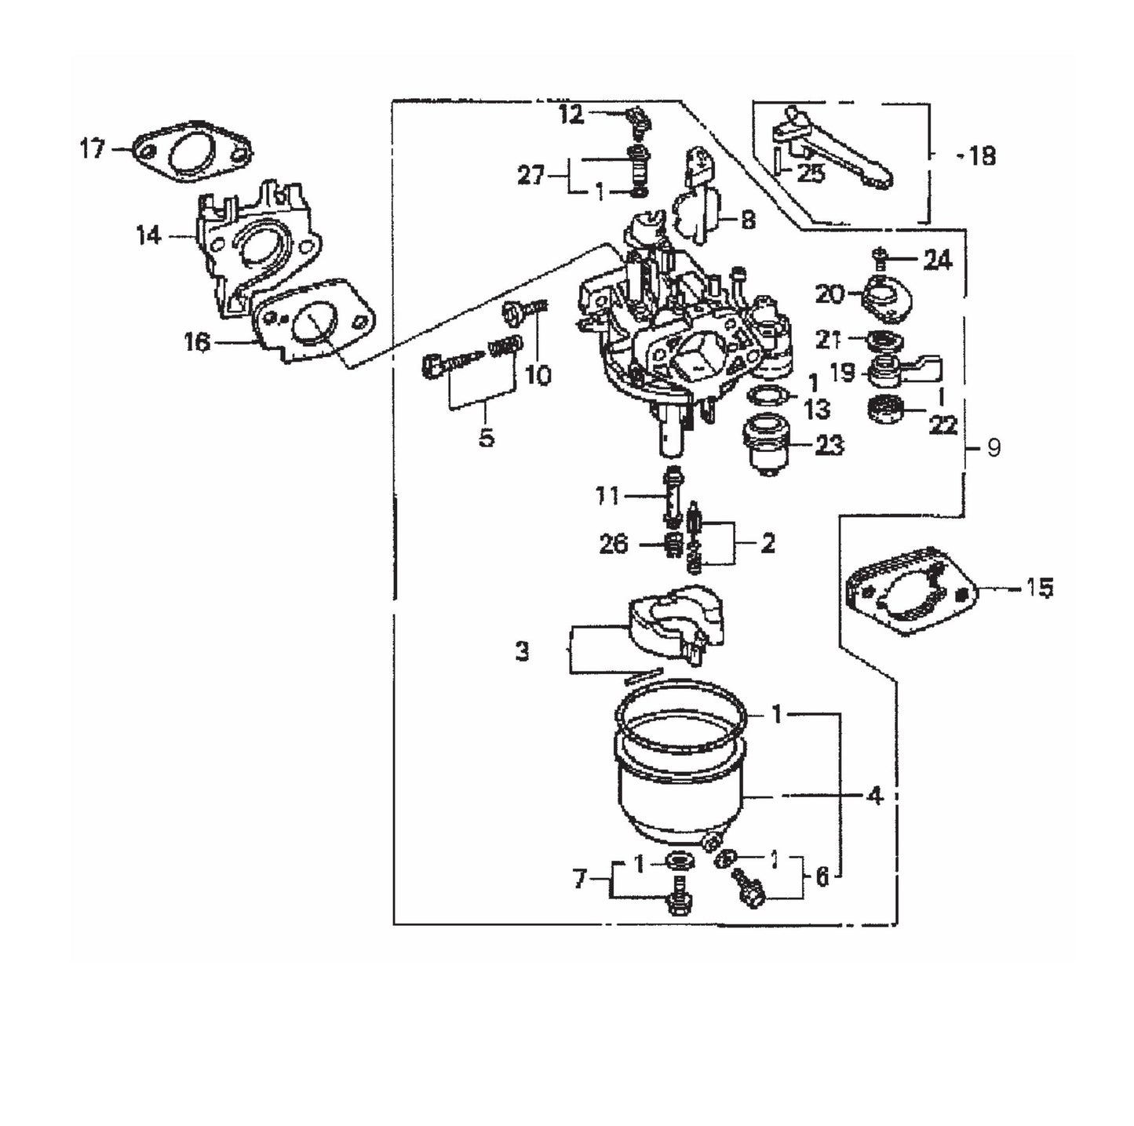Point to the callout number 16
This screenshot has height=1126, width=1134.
(198, 341)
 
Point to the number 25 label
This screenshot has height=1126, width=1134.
(810, 173)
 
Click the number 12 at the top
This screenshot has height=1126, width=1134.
(571, 115)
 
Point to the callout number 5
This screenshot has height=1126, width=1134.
(487, 437)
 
